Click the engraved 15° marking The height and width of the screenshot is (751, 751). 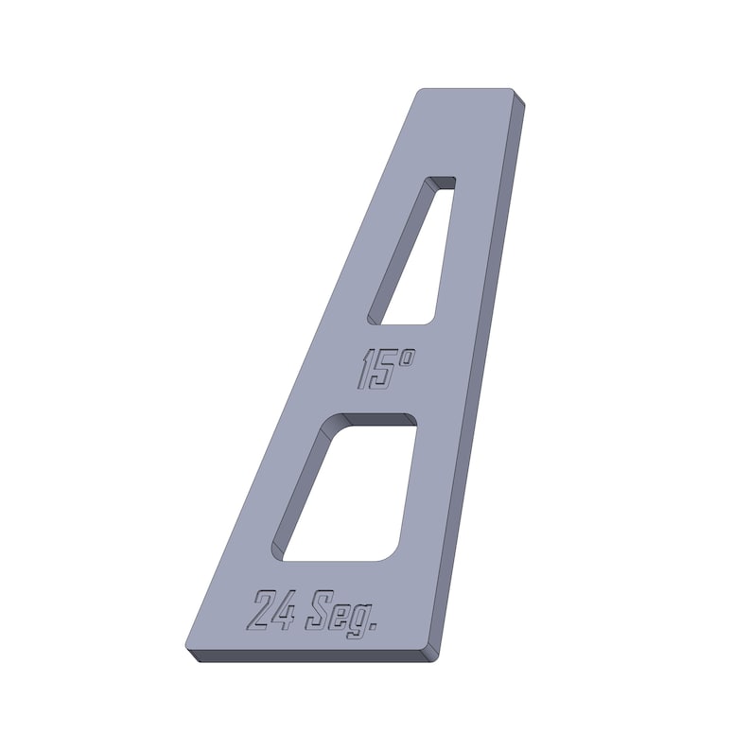[x=386, y=369]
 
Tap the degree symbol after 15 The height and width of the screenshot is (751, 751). [x=406, y=358]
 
